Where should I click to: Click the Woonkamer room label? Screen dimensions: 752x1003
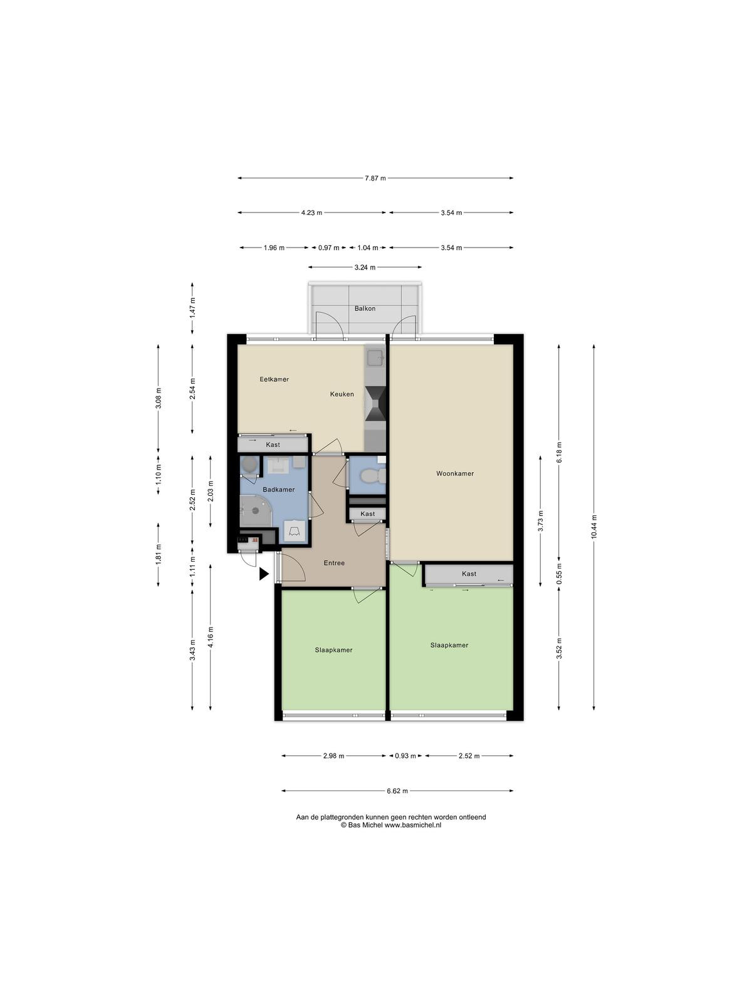(455, 473)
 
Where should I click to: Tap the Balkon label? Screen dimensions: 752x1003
(365, 308)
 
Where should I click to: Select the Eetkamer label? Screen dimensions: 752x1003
(274, 379)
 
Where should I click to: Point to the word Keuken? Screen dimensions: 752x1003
(342, 394)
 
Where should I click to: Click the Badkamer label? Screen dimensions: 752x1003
(278, 490)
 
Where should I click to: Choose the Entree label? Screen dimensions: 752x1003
(334, 563)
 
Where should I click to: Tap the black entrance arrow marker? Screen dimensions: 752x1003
(264, 574)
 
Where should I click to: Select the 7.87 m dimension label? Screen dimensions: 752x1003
(375, 178)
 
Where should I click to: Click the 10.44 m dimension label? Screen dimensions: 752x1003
(593, 527)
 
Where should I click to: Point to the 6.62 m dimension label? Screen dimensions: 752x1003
(397, 790)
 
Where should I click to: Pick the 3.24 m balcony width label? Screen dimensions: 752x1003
(365, 267)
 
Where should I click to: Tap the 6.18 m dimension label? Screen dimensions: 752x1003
(559, 452)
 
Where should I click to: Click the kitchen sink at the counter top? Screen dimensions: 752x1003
(376, 357)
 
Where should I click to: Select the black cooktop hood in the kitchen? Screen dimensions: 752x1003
(377, 404)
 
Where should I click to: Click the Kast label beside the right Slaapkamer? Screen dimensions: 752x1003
(469, 574)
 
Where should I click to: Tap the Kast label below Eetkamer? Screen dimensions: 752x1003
(273, 444)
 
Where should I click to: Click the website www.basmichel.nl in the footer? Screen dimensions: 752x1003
(413, 825)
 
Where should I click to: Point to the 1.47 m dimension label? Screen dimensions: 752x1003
(192, 308)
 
